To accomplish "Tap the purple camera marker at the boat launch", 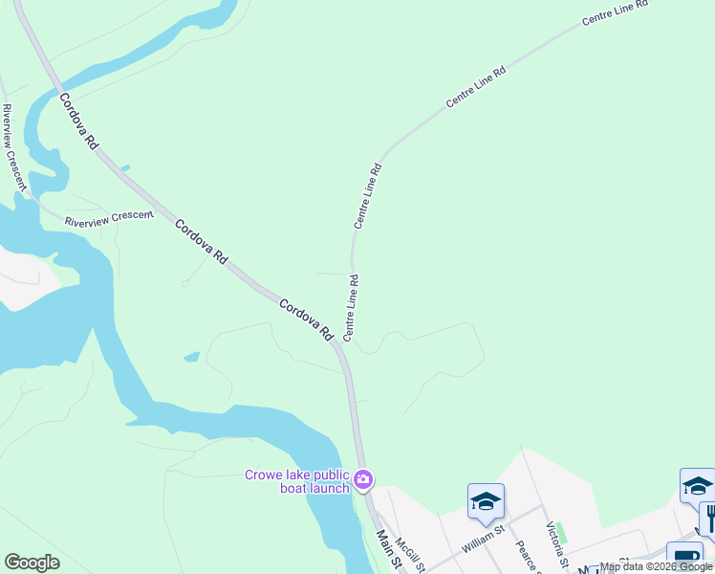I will (x=362, y=478).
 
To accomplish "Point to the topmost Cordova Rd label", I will (x=78, y=121).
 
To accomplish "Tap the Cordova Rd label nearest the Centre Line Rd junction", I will (x=306, y=320).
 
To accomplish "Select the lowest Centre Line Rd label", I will (x=351, y=308).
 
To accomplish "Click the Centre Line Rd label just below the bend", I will (x=368, y=196).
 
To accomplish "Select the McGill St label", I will (x=408, y=553).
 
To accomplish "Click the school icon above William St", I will (x=486, y=501).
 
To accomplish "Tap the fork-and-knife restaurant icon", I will (x=708, y=518).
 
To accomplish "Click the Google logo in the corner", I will (x=32, y=563).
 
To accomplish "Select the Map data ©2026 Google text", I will (x=656, y=566).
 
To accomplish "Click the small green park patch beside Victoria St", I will (x=561, y=531).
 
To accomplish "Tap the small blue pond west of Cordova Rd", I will (x=191, y=357).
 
